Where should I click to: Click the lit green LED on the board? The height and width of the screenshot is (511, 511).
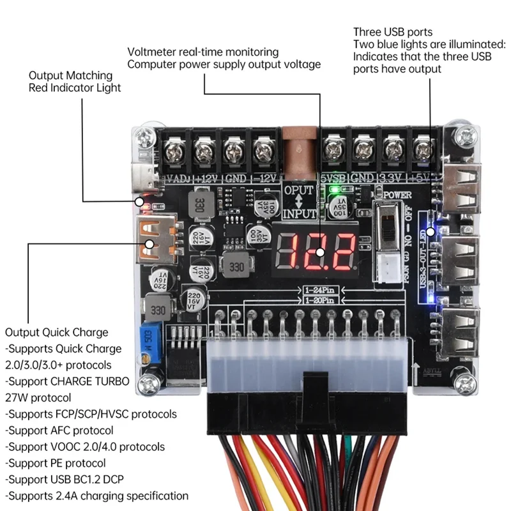[x=332, y=190]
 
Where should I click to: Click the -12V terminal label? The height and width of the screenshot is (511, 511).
[x=264, y=178]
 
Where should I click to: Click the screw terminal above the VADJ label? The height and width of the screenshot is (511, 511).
[x=173, y=151]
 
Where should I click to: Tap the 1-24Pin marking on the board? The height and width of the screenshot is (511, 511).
[x=319, y=290]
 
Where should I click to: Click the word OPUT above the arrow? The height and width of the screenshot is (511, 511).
[x=299, y=191]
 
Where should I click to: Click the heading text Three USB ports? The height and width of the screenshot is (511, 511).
[x=393, y=32]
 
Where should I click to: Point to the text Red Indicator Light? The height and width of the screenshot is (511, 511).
[x=75, y=88]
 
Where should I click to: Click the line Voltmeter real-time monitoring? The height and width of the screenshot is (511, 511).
[x=203, y=52]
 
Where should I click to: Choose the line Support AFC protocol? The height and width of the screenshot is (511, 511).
[x=59, y=430]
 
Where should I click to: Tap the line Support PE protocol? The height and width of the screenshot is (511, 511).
[x=56, y=462]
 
